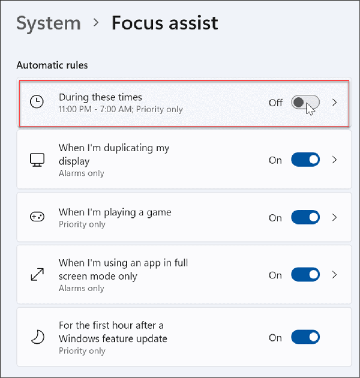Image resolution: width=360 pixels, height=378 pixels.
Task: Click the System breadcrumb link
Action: click(49, 23)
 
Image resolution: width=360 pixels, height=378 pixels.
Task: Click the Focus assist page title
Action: click(165, 23)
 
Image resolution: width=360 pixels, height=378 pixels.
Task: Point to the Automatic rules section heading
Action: click(52, 65)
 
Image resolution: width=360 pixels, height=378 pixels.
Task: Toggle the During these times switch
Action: click(305, 103)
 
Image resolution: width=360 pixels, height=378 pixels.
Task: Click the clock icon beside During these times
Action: click(37, 103)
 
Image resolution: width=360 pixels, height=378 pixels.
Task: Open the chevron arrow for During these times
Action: click(335, 103)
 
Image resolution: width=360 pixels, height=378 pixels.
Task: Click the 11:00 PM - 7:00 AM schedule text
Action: click(121, 110)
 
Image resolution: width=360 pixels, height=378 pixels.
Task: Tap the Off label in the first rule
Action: click(275, 103)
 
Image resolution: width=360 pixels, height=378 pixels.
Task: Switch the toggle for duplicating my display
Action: click(305, 160)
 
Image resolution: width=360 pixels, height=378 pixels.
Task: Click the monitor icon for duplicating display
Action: click(37, 160)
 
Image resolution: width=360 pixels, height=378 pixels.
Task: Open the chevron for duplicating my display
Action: click(335, 160)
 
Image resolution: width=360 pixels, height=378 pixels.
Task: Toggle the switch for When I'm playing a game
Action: click(305, 218)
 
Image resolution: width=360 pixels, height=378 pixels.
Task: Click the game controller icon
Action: click(37, 218)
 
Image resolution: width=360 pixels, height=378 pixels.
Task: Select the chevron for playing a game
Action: click(335, 218)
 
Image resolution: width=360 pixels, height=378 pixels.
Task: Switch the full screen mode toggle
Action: click(305, 275)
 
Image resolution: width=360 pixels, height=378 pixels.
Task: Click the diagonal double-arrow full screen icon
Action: click(37, 275)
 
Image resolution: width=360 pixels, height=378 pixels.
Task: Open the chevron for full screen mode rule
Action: click(335, 275)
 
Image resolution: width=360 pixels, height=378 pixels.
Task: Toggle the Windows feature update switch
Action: click(305, 338)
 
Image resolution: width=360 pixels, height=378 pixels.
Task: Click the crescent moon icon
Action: click(37, 338)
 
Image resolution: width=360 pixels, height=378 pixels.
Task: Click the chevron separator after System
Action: click(96, 24)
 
